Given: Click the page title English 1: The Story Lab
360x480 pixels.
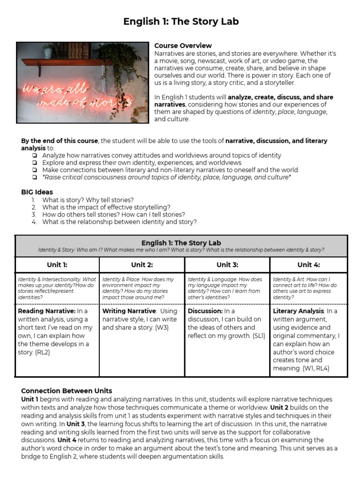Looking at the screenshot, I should (x=180, y=22).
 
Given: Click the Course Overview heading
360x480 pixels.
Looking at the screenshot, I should (x=183, y=45).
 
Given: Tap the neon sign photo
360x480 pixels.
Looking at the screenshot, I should (x=82, y=82).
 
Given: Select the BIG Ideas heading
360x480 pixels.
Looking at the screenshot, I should (x=37, y=192).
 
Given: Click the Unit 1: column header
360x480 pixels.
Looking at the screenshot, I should (x=57, y=265).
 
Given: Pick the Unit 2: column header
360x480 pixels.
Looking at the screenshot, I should (x=142, y=265).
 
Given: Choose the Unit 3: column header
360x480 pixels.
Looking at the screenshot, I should (x=227, y=265).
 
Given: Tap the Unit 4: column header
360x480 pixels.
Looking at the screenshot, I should (x=308, y=265).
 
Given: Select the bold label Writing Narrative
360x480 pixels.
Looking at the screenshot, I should (x=128, y=311).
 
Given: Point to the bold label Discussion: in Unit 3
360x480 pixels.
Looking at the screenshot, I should (x=205, y=311).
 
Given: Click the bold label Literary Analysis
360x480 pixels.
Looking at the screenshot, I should (x=298, y=311).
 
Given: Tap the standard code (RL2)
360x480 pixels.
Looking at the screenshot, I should (x=43, y=352).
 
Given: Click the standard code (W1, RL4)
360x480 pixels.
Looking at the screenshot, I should (x=314, y=368).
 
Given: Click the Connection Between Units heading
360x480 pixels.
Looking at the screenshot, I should (x=67, y=390).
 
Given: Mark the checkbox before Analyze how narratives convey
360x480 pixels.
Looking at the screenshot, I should (x=35, y=155).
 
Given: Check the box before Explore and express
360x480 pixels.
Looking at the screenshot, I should (x=35, y=163).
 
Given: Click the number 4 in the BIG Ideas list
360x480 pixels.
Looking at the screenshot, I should (x=34, y=222).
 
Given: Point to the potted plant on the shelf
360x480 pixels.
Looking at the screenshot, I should (x=48, y=51).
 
